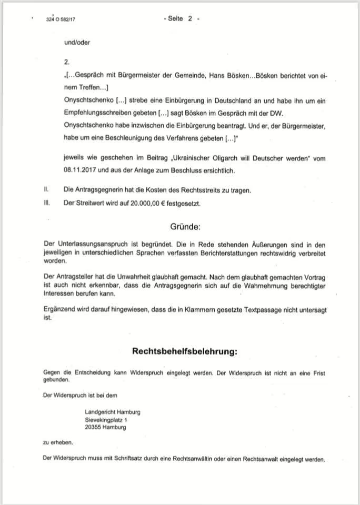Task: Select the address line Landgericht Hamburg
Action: (113, 412)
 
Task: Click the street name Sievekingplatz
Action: (104, 420)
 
